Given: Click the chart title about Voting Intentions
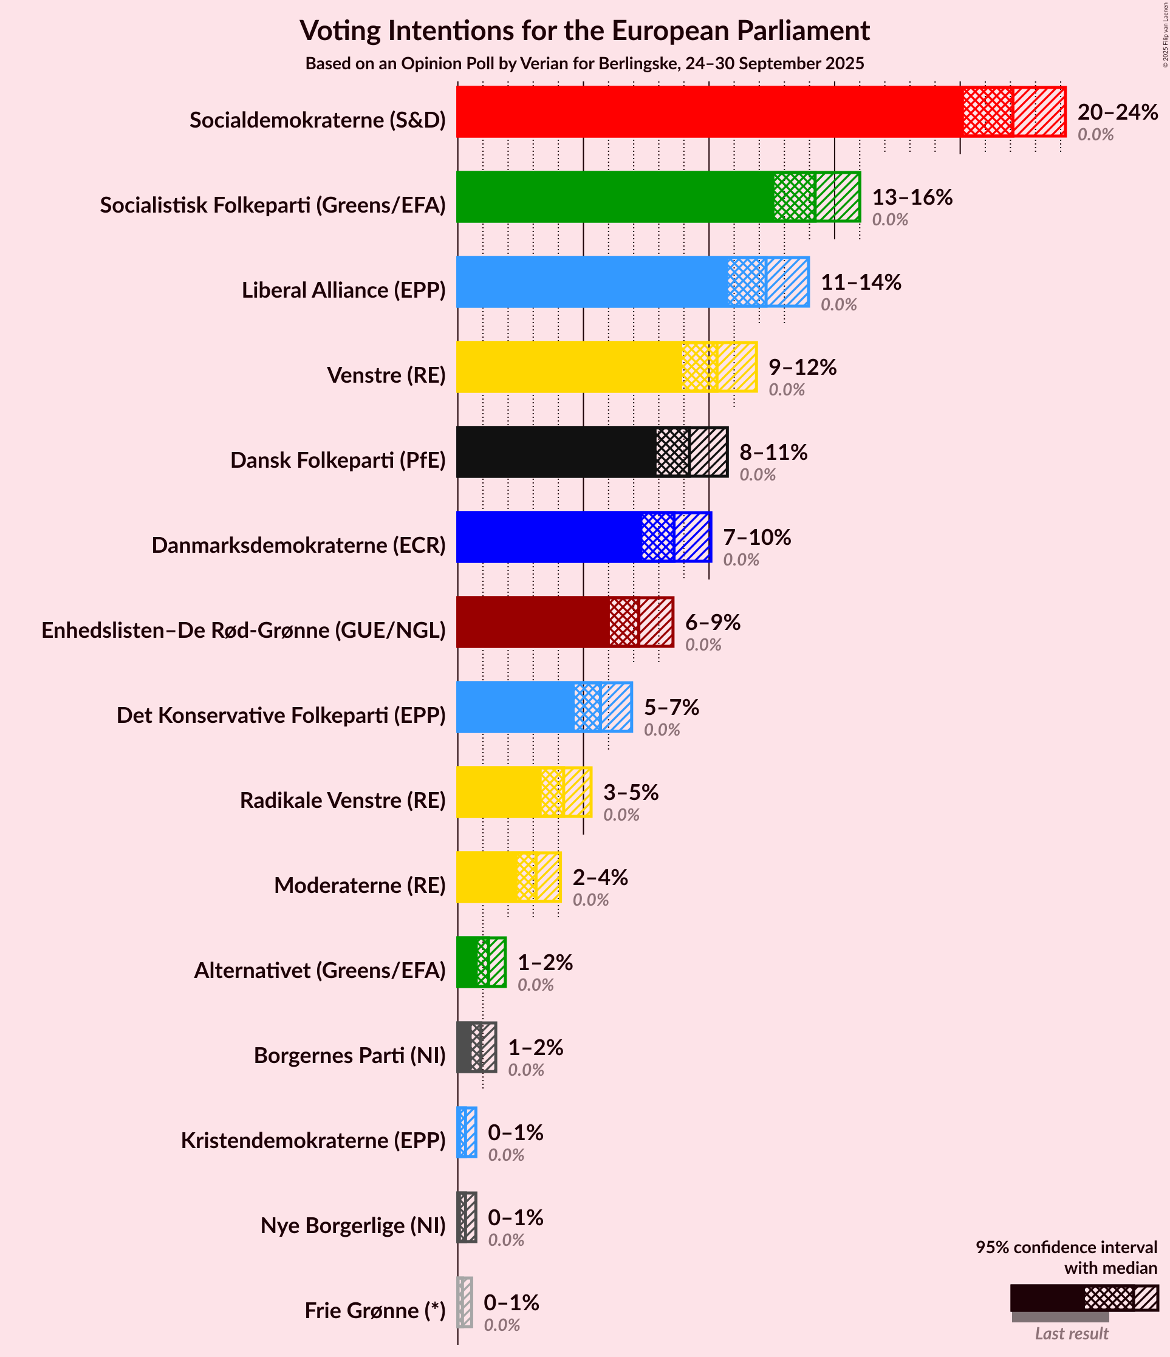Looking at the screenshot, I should [x=584, y=31].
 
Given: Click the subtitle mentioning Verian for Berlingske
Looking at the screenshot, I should [x=584, y=64].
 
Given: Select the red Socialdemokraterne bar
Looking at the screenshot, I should [x=708, y=112].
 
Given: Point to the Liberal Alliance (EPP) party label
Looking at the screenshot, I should [x=343, y=290].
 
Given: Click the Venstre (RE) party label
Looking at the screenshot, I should [x=386, y=375].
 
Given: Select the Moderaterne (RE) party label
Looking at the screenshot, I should [x=360, y=886].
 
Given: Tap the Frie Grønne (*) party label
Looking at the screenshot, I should [x=375, y=1310].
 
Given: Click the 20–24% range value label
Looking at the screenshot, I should [x=1118, y=112].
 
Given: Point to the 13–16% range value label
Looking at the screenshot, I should [x=912, y=197].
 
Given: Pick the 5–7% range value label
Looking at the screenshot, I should [x=671, y=707].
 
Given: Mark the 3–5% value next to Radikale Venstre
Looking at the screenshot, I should [x=631, y=793].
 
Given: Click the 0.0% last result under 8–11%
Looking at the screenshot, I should [x=758, y=475].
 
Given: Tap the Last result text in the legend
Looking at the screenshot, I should [x=1071, y=1333].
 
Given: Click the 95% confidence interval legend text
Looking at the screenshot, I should [x=1066, y=1257].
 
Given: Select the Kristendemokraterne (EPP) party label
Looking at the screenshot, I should [x=313, y=1140].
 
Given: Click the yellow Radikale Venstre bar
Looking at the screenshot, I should [x=498, y=793].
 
